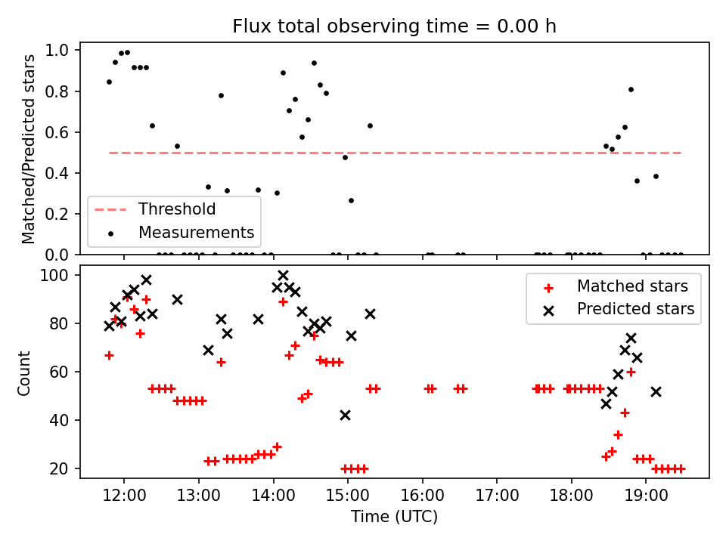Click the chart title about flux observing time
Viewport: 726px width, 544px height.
[394, 26]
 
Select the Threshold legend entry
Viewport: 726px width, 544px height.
[176, 209]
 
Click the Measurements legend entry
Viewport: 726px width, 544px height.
[195, 232]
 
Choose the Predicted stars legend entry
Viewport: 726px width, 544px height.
[635, 308]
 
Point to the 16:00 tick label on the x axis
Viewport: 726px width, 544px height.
[422, 498]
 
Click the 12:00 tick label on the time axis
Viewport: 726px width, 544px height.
[123, 498]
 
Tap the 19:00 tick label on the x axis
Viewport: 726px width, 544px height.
[646, 498]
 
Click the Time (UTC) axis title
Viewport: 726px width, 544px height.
[394, 518]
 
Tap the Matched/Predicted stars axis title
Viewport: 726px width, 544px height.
[29, 149]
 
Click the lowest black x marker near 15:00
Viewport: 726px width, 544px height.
[345, 415]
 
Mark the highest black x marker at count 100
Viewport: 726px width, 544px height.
[283, 276]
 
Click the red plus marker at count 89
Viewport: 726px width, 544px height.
[283, 301]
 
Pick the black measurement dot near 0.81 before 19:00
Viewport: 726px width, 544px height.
[631, 89]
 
